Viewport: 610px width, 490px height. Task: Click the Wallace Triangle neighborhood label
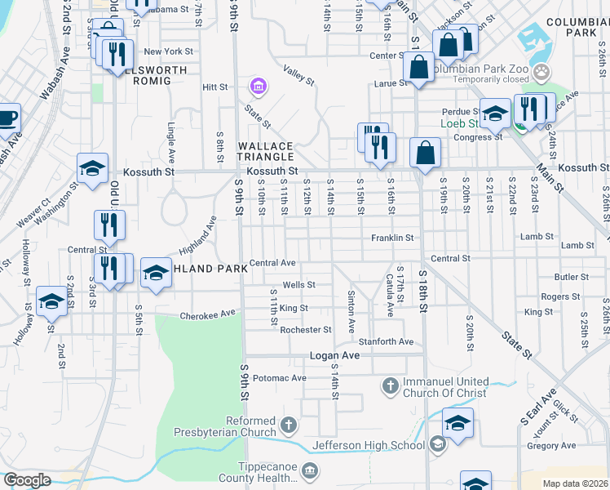[265, 151]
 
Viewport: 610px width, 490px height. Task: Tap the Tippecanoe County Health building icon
[309, 470]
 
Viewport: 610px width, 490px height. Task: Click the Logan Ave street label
[334, 356]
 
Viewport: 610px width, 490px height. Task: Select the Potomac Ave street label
[279, 378]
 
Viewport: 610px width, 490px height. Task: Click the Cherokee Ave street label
[207, 314]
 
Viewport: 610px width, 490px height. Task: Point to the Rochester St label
[305, 330]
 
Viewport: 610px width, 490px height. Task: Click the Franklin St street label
[393, 238]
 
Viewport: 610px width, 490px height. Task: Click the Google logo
[26, 480]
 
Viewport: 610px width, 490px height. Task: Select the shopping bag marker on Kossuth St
[426, 152]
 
